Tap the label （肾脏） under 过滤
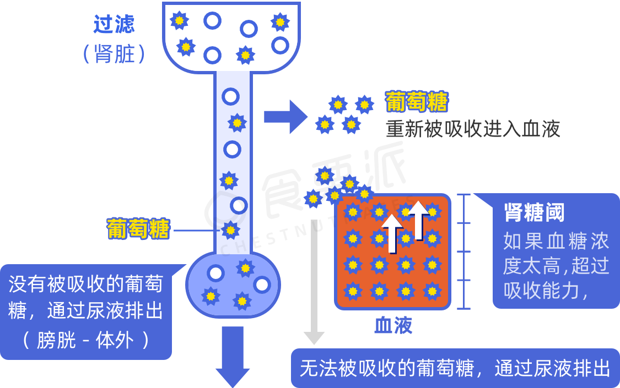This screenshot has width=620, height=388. (114, 54)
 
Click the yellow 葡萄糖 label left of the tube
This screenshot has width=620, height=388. (138, 229)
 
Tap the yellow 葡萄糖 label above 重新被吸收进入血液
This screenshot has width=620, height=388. (417, 102)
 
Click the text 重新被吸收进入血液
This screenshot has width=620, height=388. (473, 129)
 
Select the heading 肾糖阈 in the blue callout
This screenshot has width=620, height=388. (534, 212)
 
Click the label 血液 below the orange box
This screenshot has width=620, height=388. (393, 325)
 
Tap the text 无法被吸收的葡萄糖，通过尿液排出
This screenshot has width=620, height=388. (455, 368)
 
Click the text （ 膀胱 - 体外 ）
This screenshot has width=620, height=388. (85, 340)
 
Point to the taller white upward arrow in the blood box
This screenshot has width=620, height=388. (418, 220)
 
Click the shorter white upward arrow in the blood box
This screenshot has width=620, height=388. (392, 233)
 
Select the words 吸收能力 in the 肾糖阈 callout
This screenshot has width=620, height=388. (541, 290)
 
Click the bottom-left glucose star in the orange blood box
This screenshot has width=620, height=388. (352, 291)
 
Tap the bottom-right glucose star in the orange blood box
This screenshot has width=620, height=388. (432, 291)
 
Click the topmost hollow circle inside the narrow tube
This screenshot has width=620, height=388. (230, 97)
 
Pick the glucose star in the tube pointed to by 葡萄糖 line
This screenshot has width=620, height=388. (230, 229)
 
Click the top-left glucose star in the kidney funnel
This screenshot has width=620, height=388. (179, 21)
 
